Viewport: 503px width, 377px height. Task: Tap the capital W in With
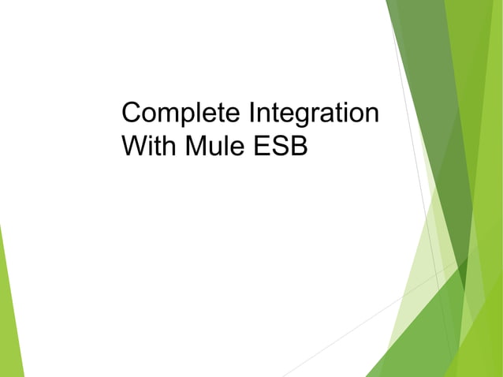coord(134,146)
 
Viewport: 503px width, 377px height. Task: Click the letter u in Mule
coord(212,147)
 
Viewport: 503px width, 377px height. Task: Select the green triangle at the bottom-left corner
coord(8,331)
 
